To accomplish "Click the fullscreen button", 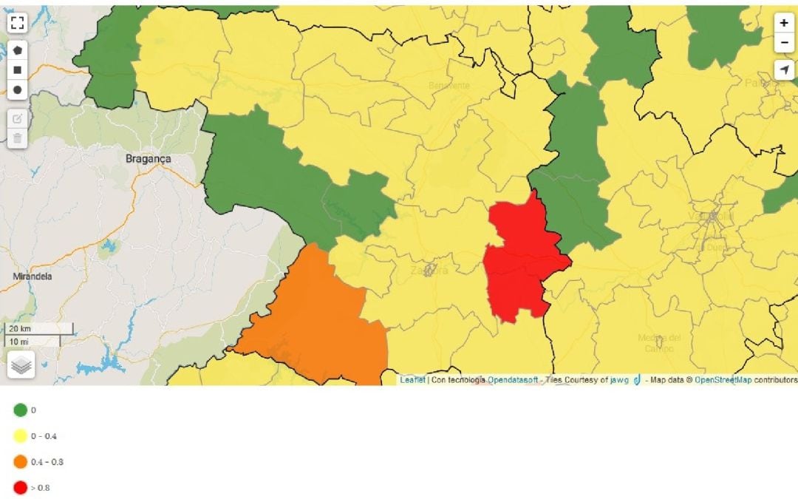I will pyautogui.click(x=18, y=22).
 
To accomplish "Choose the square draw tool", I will pyautogui.click(x=18, y=70).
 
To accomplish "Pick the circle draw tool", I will pyautogui.click(x=18, y=89).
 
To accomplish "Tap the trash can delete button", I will pyautogui.click(x=18, y=138).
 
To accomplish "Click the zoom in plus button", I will pyautogui.click(x=784, y=23).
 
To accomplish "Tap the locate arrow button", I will pyautogui.click(x=784, y=69).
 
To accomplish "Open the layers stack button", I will pyautogui.click(x=21, y=365).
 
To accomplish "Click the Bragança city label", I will pyautogui.click(x=148, y=159).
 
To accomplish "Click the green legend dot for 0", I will pyautogui.click(x=20, y=410).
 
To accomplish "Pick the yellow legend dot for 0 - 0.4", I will pyautogui.click(x=20, y=435).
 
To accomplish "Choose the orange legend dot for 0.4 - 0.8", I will pyautogui.click(x=20, y=462).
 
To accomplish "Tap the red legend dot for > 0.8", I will pyautogui.click(x=20, y=488).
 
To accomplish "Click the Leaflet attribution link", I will pyautogui.click(x=412, y=380).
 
